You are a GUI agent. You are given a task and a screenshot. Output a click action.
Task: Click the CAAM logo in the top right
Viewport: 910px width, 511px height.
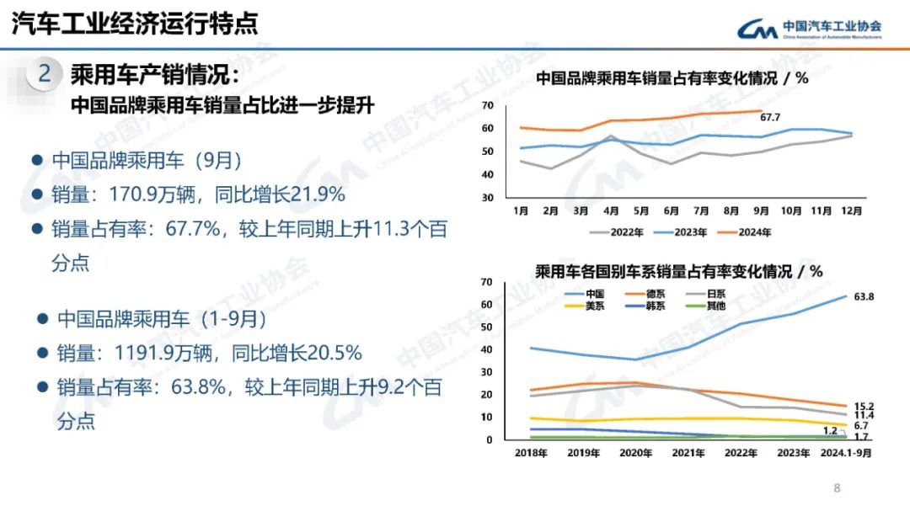(x=809, y=29)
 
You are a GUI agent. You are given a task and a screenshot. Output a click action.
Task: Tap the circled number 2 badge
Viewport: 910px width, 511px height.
(x=44, y=74)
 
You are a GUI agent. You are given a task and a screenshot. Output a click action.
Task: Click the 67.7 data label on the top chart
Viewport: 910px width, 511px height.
(x=770, y=117)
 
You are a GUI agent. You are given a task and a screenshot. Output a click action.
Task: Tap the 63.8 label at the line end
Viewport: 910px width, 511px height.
(x=864, y=296)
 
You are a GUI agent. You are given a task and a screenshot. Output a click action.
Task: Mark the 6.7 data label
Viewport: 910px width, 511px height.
(x=861, y=426)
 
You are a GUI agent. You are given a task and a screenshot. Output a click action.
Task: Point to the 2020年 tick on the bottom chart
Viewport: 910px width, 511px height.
(x=635, y=453)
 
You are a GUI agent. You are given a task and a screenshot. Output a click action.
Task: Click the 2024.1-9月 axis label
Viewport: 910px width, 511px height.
(x=848, y=453)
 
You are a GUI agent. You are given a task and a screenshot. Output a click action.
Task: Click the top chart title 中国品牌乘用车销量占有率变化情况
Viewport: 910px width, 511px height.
(x=657, y=78)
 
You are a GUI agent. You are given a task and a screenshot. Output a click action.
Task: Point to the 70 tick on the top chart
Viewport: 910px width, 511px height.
(x=487, y=105)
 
